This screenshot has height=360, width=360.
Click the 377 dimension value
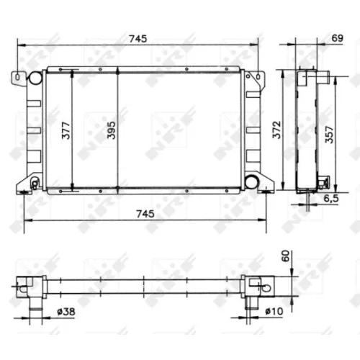66,131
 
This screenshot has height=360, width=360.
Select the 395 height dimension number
112,130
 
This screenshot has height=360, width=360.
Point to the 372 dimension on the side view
276,130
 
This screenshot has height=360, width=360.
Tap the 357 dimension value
329,135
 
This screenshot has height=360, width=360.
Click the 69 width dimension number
338,38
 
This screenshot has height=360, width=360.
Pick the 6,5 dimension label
331,198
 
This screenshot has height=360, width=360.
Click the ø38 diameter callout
66,312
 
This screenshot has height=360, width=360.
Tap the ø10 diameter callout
274,312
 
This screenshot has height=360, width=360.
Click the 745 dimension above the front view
138,39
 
